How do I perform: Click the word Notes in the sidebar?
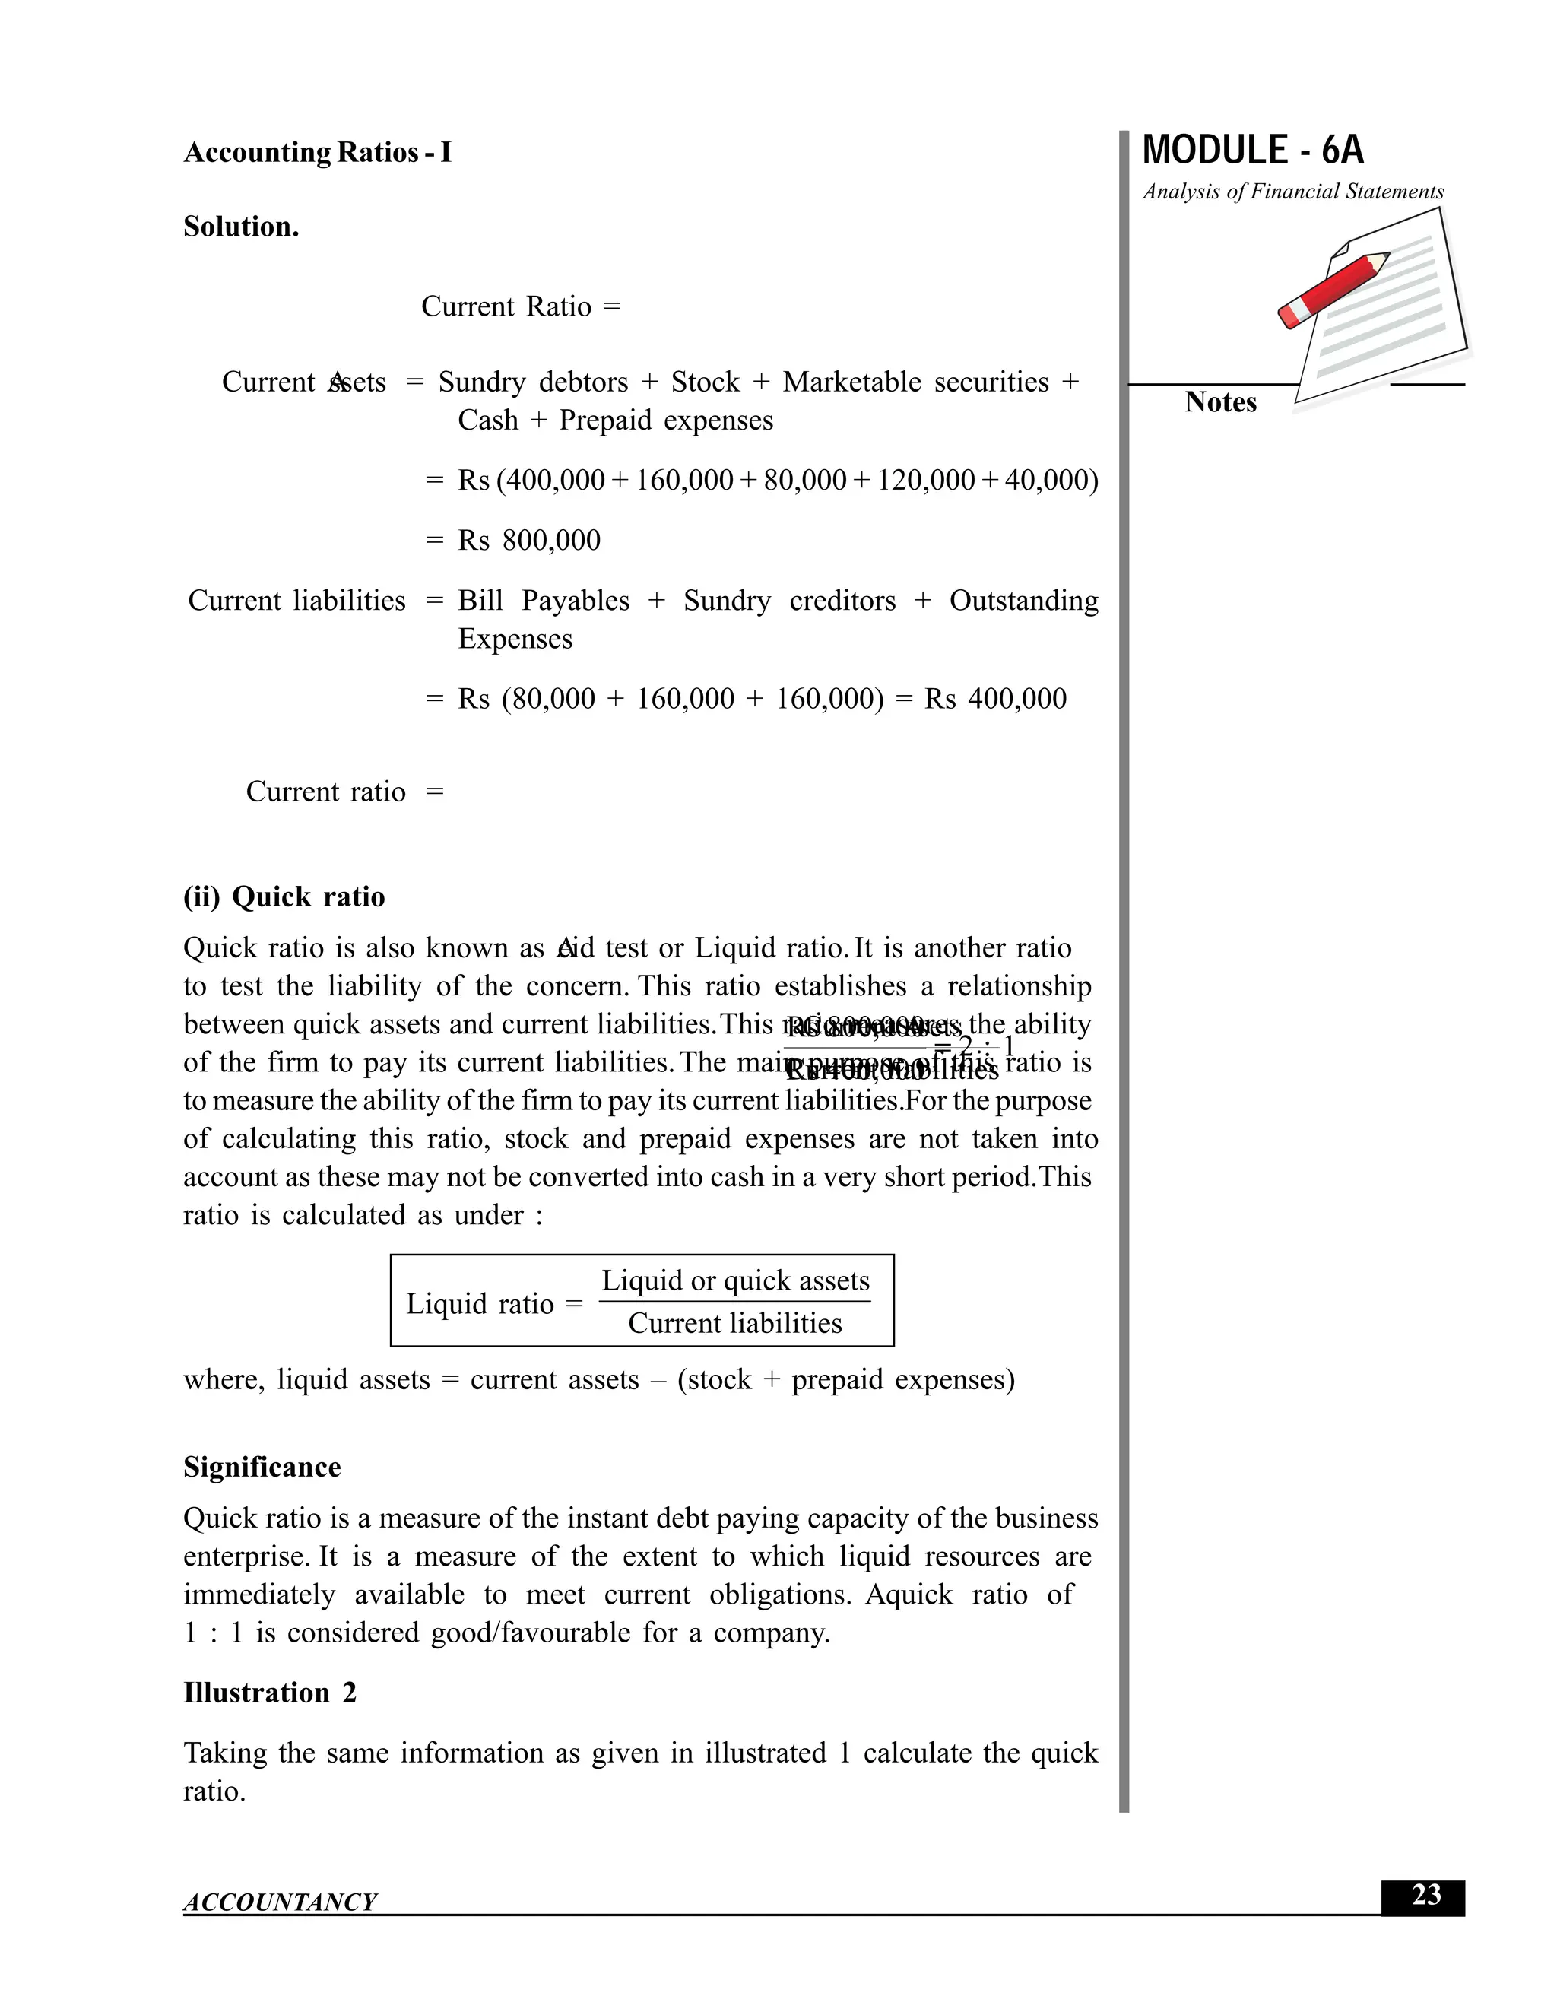click(1219, 402)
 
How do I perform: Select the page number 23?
click(1425, 1895)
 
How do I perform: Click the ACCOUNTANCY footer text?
click(280, 1902)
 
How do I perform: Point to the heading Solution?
click(241, 227)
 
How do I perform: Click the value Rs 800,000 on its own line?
click(528, 540)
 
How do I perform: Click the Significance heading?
click(262, 1467)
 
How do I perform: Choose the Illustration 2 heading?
click(269, 1693)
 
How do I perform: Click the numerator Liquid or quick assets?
click(735, 1280)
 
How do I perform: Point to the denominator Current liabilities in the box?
click(735, 1323)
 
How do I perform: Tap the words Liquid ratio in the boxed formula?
click(480, 1303)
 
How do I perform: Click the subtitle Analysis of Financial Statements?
click(1292, 192)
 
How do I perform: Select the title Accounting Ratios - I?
click(317, 152)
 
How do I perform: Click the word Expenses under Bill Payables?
click(515, 639)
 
